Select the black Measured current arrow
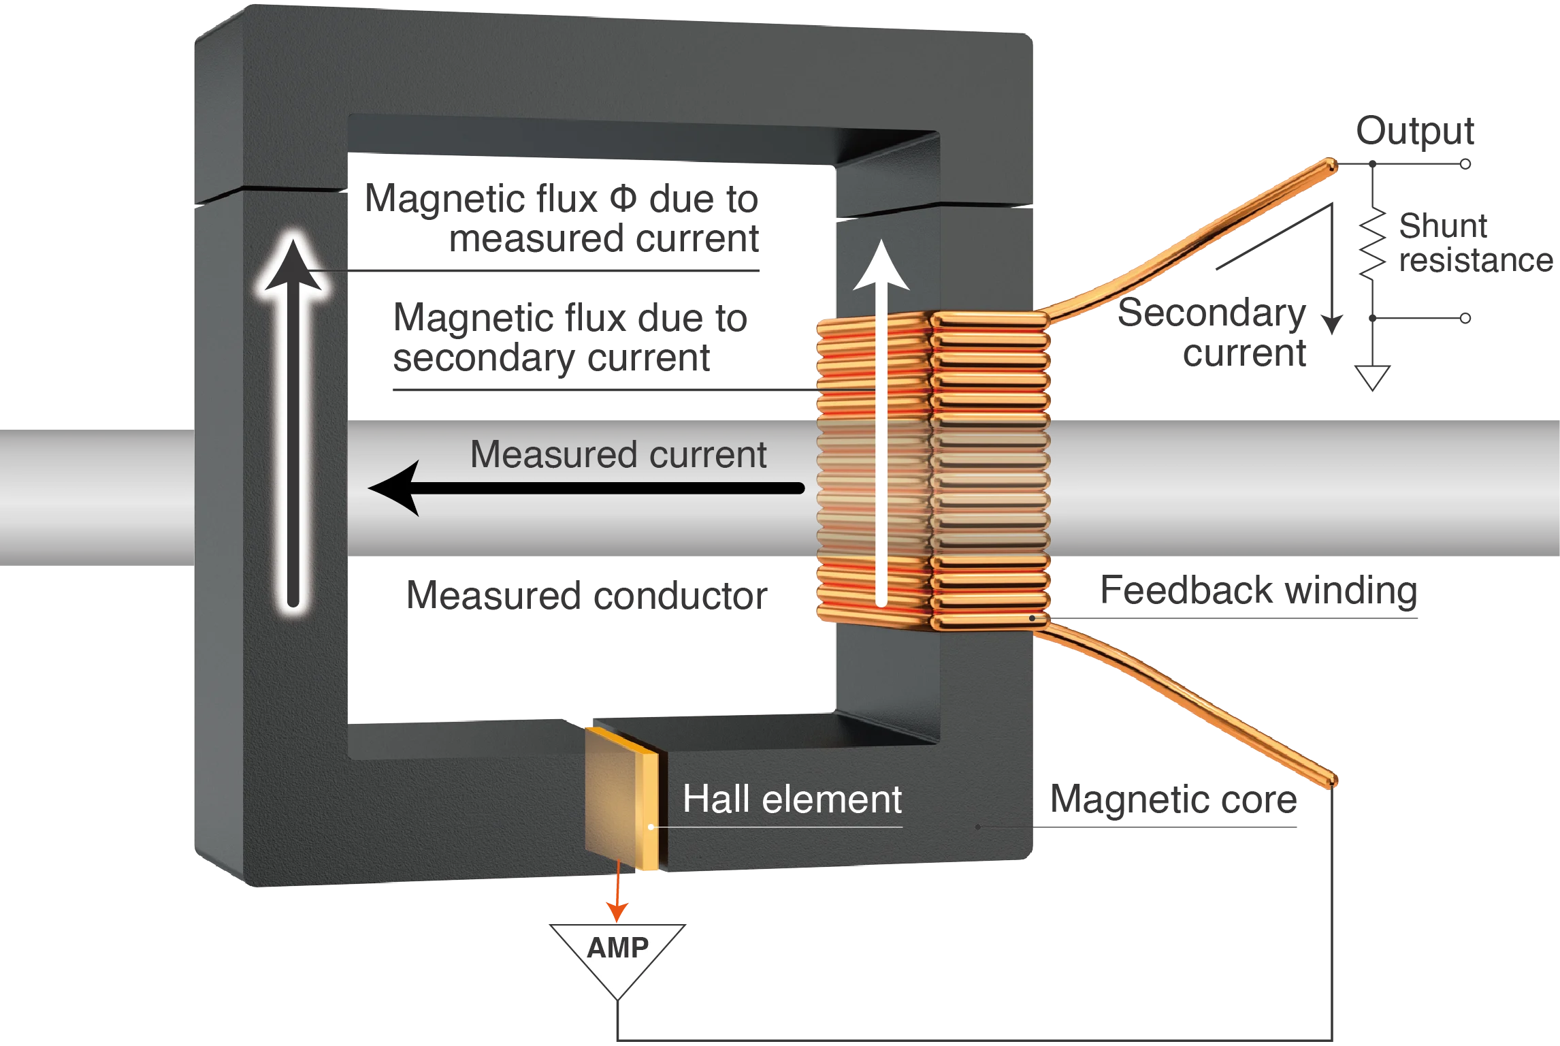[x=585, y=488]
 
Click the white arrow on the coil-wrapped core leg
[x=881, y=422]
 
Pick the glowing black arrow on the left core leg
[x=293, y=422]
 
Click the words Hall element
[x=792, y=799]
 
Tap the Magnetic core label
[x=1175, y=799]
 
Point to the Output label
[x=1415, y=131]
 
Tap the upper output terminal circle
[x=1467, y=165]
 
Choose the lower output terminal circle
[x=1467, y=317]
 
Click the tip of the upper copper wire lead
[x=1331, y=165]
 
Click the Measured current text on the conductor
[x=618, y=455]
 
